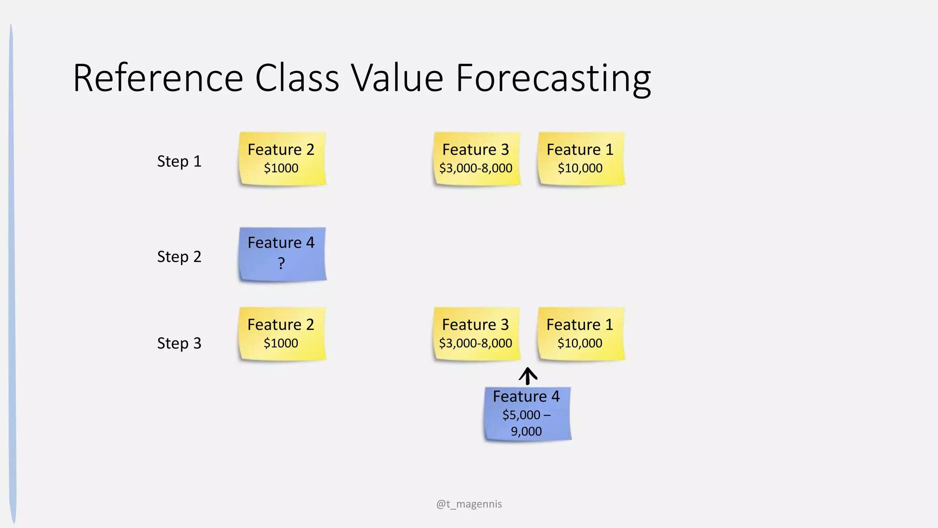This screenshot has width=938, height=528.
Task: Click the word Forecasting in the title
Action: click(x=553, y=79)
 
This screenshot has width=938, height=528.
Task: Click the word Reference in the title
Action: click(x=158, y=79)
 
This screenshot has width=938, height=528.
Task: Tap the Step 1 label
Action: click(x=179, y=161)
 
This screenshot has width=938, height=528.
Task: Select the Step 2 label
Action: click(x=179, y=257)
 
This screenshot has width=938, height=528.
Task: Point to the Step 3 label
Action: click(x=179, y=343)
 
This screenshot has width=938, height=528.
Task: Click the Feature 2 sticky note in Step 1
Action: click(x=282, y=159)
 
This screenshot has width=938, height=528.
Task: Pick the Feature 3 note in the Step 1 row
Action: click(x=476, y=159)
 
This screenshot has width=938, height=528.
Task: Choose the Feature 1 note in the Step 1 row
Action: click(x=580, y=159)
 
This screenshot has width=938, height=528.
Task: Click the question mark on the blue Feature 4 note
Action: click(x=281, y=264)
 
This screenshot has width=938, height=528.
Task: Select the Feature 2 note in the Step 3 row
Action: click(x=282, y=334)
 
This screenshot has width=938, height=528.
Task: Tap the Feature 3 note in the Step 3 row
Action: click(x=476, y=334)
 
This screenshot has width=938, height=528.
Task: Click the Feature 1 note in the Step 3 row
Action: click(x=580, y=334)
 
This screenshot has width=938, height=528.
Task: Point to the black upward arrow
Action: click(x=528, y=376)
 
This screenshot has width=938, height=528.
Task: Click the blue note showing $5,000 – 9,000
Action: click(x=527, y=414)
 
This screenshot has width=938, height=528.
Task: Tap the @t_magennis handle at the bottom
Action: click(x=469, y=504)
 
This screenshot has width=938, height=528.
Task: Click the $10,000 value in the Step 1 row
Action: click(x=580, y=168)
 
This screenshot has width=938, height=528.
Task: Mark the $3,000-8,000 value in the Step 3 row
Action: click(x=475, y=343)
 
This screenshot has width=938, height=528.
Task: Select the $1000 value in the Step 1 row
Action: click(x=281, y=168)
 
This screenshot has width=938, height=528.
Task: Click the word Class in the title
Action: click(x=297, y=79)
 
